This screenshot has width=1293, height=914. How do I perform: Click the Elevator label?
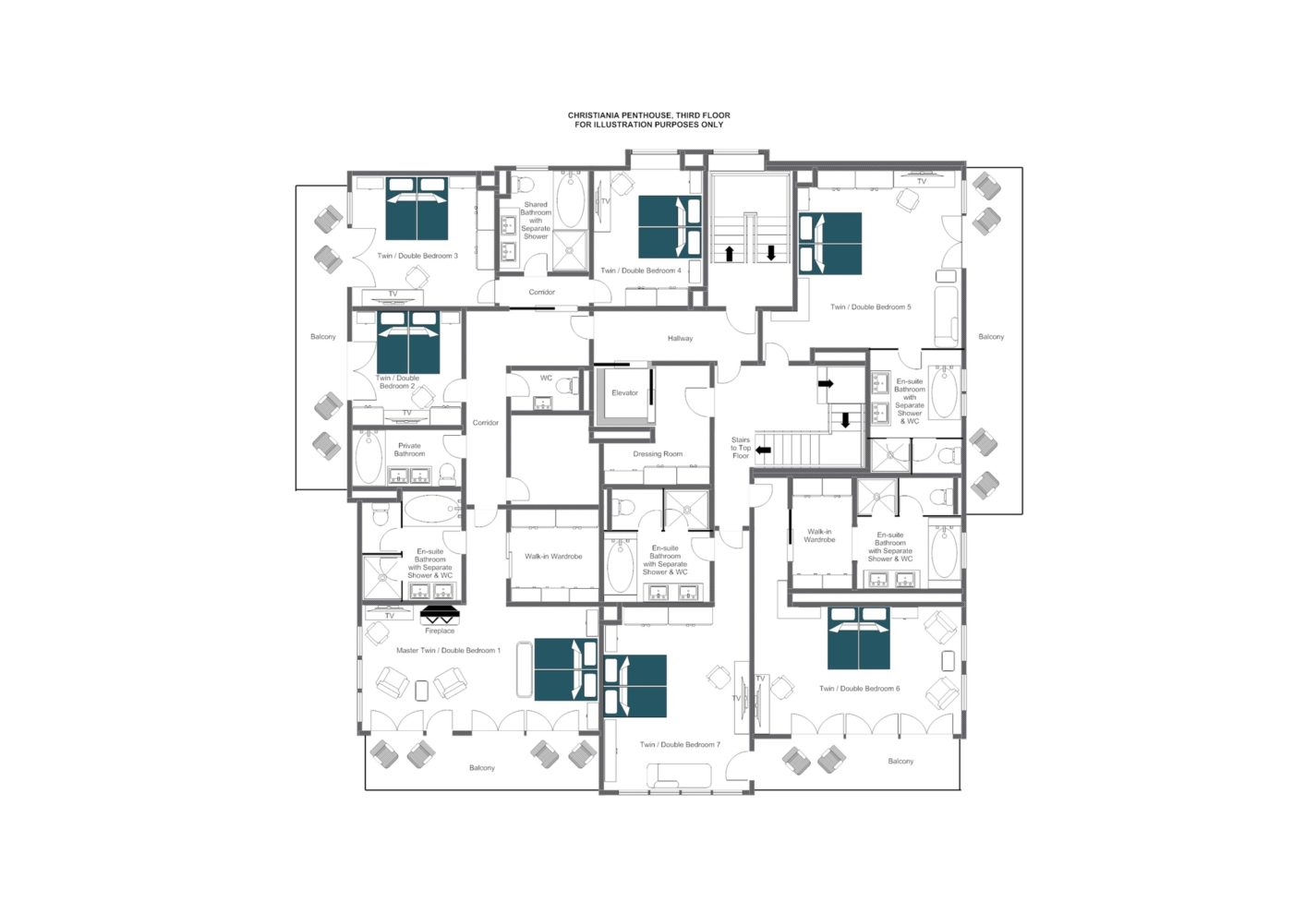(624, 393)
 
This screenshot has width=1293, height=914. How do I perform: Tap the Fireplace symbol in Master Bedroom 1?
(440, 615)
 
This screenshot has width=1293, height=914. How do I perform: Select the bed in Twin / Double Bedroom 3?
(417, 209)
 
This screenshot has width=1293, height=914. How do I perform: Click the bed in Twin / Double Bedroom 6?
(859, 638)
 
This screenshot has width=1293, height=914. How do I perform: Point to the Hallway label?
(680, 339)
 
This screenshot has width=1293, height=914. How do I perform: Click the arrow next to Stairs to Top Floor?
(763, 451)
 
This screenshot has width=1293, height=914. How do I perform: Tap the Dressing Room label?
(658, 454)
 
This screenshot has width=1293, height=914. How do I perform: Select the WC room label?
(546, 379)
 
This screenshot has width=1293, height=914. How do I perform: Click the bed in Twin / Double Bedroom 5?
(830, 244)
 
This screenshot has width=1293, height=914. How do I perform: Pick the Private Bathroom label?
(409, 450)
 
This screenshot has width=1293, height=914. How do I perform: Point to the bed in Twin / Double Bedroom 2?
(408, 343)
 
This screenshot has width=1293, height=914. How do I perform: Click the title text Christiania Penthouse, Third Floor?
(648, 116)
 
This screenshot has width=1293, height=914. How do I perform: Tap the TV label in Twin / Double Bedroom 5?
(921, 182)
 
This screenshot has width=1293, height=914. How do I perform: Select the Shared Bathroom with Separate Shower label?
(536, 221)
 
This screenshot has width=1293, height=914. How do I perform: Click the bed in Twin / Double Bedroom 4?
(670, 226)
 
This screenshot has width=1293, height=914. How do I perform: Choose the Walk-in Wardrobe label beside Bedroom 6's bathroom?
(819, 535)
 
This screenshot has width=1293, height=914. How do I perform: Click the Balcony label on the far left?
(323, 337)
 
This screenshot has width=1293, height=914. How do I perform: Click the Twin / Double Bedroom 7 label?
(680, 745)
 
